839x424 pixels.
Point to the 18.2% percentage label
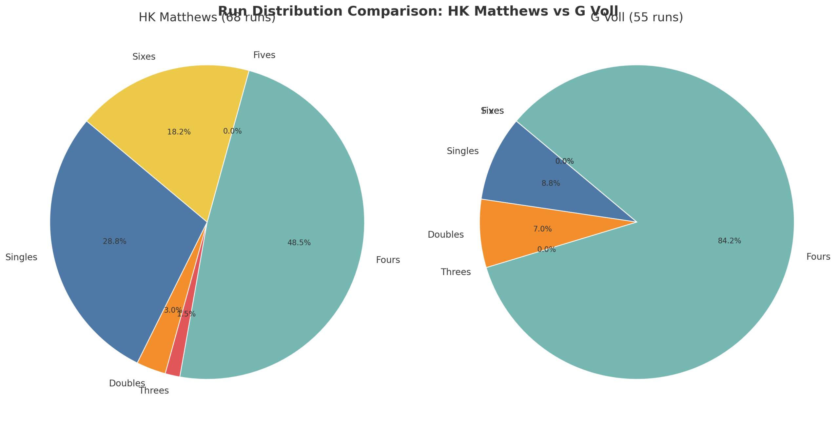click(179, 132)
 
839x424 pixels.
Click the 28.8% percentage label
click(114, 241)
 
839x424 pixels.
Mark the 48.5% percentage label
click(299, 243)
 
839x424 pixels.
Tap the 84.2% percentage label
click(729, 241)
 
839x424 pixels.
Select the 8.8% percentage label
click(551, 183)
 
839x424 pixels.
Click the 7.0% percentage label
click(542, 229)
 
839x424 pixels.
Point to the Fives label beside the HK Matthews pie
click(264, 55)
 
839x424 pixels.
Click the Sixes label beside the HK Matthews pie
click(144, 57)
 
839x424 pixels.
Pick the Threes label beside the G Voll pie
click(456, 272)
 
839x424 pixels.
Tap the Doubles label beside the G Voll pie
click(446, 234)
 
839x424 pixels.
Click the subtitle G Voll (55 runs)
click(636, 17)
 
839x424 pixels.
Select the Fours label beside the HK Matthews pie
click(388, 260)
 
